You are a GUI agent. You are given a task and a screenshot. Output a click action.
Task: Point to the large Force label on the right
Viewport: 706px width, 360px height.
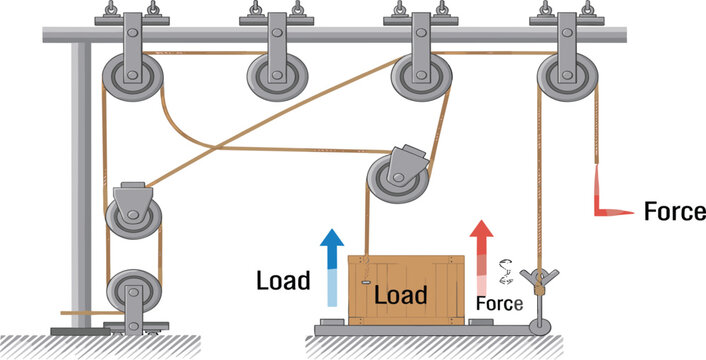pyautogui.click(x=674, y=212)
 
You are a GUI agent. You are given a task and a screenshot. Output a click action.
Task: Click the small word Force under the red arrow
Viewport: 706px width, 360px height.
pyautogui.click(x=497, y=302)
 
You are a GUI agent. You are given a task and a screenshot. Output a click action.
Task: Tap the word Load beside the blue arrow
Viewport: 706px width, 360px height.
pyautogui.click(x=282, y=280)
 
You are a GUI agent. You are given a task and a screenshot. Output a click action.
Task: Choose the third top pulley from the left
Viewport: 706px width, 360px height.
pyautogui.click(x=419, y=76)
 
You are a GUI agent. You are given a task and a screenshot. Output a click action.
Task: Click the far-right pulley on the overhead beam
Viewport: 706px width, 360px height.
pyautogui.click(x=565, y=76)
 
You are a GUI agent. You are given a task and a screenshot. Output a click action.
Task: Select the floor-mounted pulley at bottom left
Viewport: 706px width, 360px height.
pyautogui.click(x=132, y=293)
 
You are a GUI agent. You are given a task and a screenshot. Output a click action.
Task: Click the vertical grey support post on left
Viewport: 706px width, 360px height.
pyautogui.click(x=76, y=180)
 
